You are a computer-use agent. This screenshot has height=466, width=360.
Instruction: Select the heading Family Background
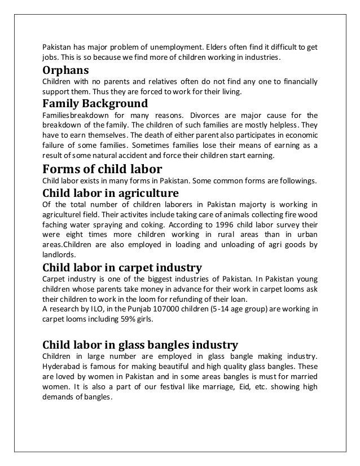(95, 104)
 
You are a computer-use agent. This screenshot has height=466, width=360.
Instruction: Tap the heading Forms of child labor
(102, 169)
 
